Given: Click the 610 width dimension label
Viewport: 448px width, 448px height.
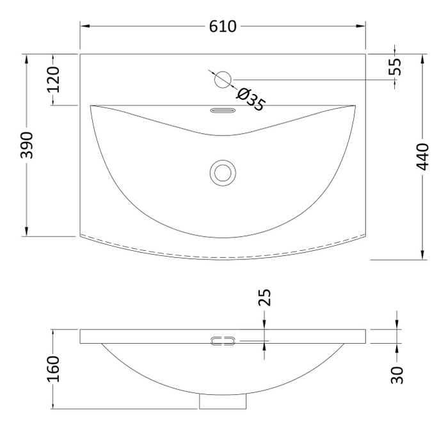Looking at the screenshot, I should coord(223,26).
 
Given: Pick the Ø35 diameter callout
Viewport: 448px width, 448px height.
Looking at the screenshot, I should coord(250,99).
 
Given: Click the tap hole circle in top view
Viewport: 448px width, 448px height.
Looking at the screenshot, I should coord(223,79).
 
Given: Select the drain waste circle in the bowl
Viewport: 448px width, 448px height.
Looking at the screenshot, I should coord(223,172).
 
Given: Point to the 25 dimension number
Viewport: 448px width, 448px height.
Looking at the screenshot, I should coord(265,298).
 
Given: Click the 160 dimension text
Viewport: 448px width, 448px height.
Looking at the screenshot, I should coord(53,369).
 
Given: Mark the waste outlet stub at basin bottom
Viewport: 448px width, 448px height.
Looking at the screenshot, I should coord(223,401).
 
